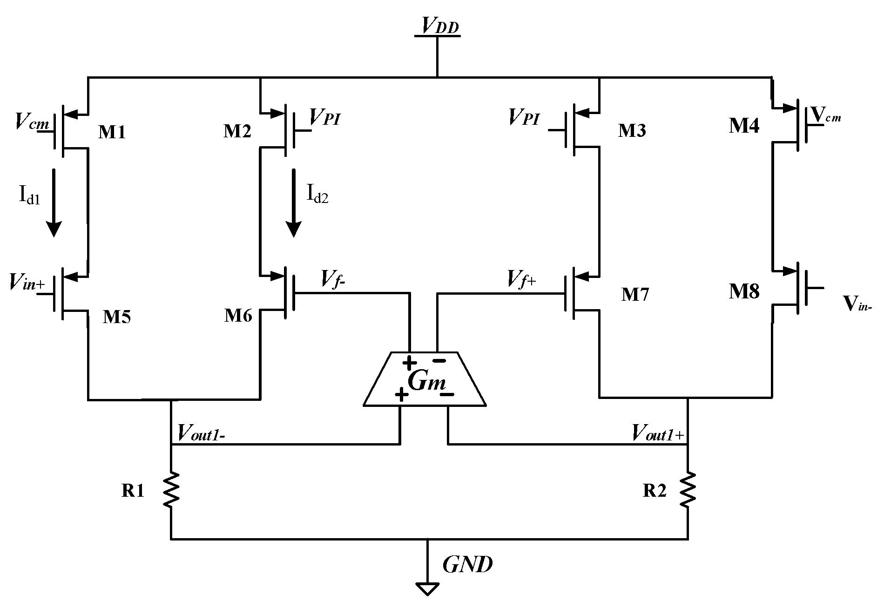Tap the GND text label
pyautogui.click(x=467, y=565)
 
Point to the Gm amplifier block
pyautogui.click(x=425, y=379)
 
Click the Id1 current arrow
pyautogui.click(x=54, y=203)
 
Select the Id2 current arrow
pyautogui.click(x=293, y=203)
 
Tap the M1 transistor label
pyautogui.click(x=112, y=133)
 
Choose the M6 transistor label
pyautogui.click(x=238, y=316)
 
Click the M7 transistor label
pyautogui.click(x=635, y=294)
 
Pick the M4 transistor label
pyautogui.click(x=744, y=126)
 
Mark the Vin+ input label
pyautogui.click(x=27, y=283)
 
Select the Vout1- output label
pyautogui.click(x=202, y=433)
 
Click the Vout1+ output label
pyautogui.click(x=657, y=433)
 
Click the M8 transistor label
pyautogui.click(x=744, y=291)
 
